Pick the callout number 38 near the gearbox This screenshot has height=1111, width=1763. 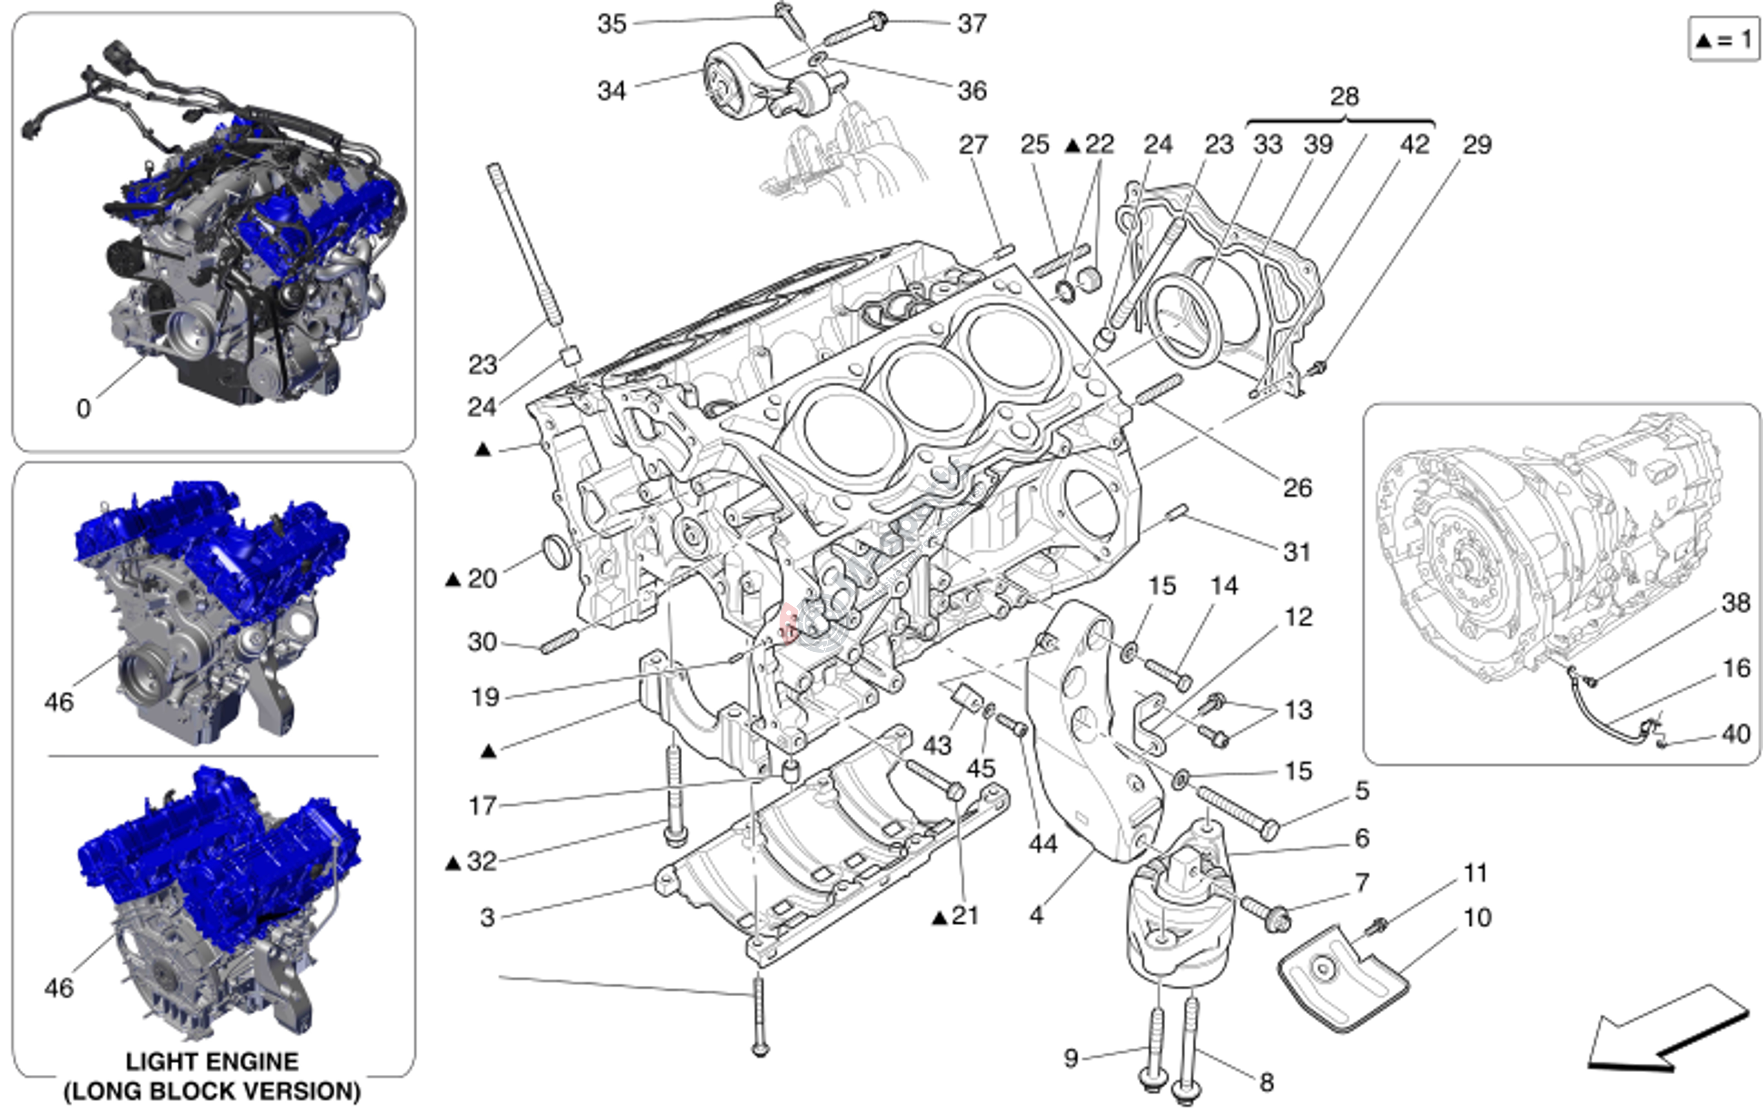coord(1735,603)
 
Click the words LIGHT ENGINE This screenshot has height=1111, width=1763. coord(212,1061)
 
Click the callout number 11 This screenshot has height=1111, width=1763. coord(1475,873)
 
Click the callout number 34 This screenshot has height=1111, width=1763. coord(612,91)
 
